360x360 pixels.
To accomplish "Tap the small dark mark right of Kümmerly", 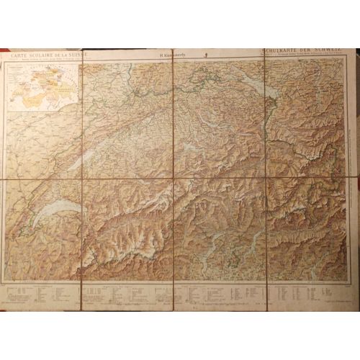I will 186,54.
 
